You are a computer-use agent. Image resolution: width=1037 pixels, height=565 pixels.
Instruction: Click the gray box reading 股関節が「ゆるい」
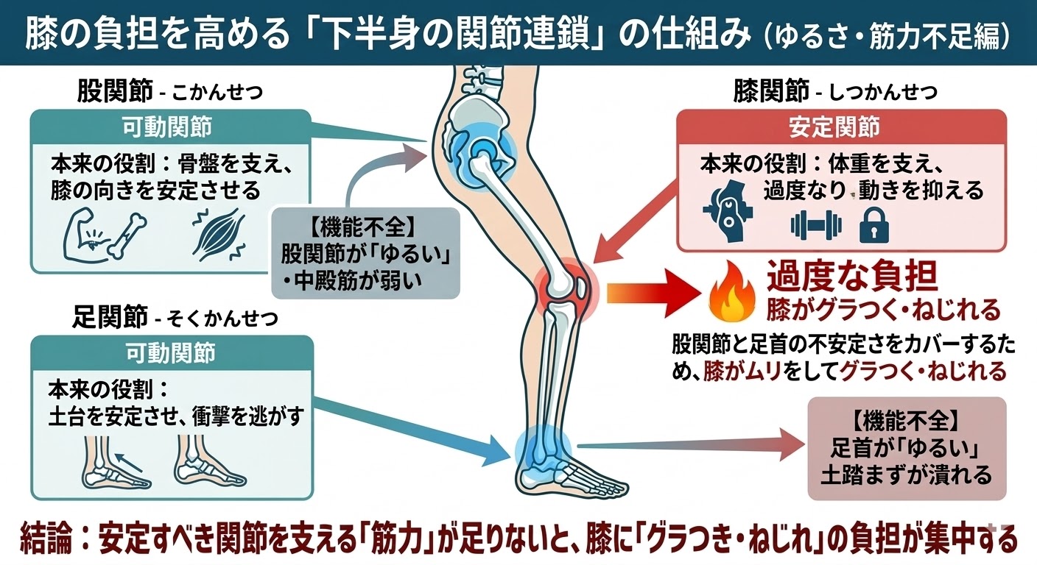[365, 254]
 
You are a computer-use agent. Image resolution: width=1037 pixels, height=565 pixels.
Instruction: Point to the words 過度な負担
[852, 277]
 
